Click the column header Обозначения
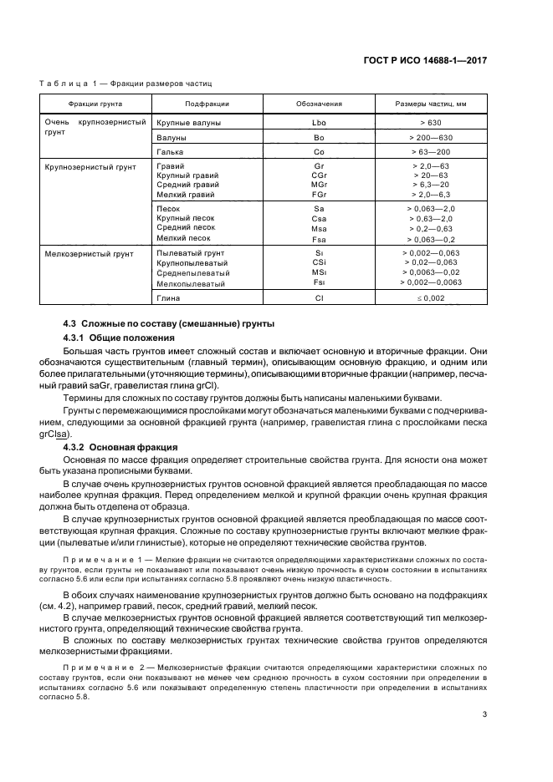coord(319,104)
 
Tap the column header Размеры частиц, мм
coord(431,104)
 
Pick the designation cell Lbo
coord(319,123)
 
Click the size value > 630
coord(431,123)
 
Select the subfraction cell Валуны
coord(172,137)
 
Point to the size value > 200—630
coord(431,137)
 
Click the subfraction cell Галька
coord(170,153)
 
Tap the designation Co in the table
coord(319,153)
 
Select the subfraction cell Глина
coord(169,297)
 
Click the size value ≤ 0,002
coord(431,297)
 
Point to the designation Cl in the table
coord(319,297)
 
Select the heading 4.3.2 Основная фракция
coord(120,449)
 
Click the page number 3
coord(484,713)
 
